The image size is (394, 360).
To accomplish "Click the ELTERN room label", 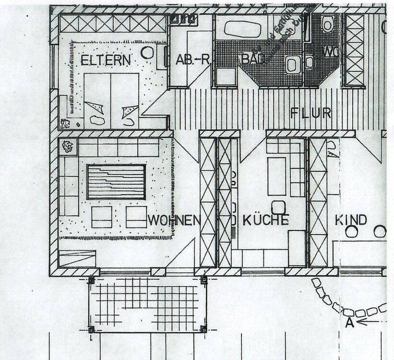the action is (106, 60).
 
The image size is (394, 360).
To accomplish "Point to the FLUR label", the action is (310, 113).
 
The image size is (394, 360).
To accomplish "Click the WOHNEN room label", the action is (174, 220).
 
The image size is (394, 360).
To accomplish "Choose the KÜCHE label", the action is (265, 220).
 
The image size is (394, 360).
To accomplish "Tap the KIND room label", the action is (350, 220).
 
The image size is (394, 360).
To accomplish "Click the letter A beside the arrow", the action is (349, 323).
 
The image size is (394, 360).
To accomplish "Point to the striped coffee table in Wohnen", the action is (116, 182).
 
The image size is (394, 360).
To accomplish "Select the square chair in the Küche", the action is (278, 207).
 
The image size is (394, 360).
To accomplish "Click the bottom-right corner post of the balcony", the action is (203, 329).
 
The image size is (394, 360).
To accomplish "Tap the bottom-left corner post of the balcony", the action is (91, 329).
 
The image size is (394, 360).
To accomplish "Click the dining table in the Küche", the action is (276, 176).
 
